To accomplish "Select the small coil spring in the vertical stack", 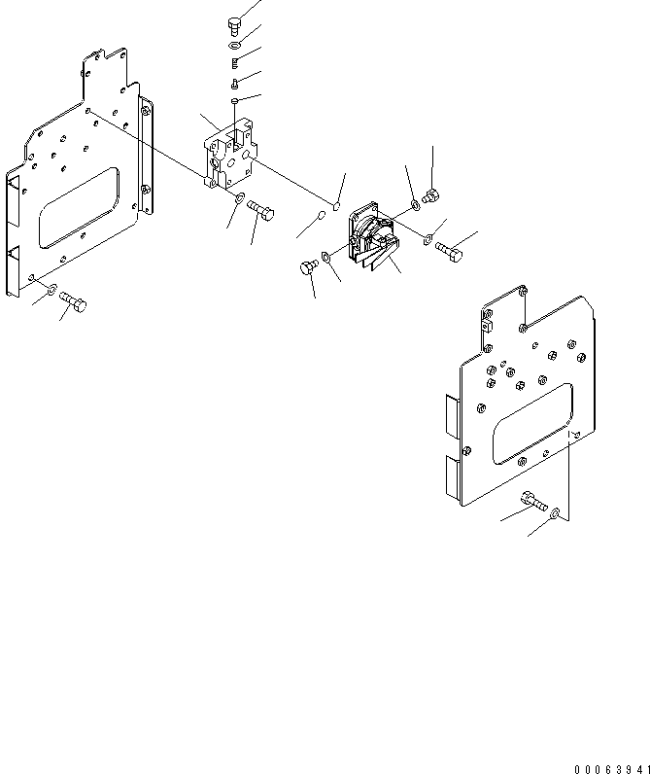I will point(236,63).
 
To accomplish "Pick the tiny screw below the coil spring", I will point(235,83).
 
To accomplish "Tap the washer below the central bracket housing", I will point(238,200).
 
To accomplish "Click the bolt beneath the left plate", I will point(74,304).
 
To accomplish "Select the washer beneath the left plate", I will point(51,290).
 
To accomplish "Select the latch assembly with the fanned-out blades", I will point(369,238).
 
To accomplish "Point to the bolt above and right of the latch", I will point(432,197).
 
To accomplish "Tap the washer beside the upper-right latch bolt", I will point(416,204).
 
